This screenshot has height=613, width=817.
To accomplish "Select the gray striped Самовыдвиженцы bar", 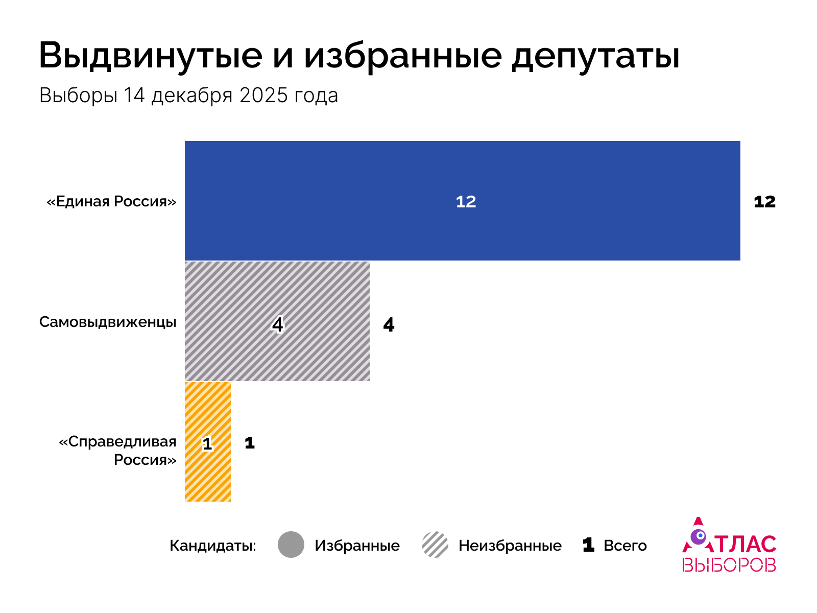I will (x=317, y=352).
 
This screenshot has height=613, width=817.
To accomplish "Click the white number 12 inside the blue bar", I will (x=466, y=202).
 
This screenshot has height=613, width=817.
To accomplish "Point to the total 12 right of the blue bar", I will (x=764, y=202).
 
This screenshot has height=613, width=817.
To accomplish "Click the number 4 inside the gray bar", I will (x=277, y=324).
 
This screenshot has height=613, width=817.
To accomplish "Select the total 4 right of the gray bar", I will (x=389, y=325).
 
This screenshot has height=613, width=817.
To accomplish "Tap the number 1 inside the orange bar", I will (x=207, y=443).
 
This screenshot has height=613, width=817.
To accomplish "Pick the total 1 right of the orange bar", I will (x=249, y=443).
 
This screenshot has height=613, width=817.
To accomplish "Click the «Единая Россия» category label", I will (x=111, y=201).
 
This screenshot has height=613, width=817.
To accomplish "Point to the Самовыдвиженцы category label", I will (x=108, y=322).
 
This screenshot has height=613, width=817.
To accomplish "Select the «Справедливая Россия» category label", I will (x=118, y=451).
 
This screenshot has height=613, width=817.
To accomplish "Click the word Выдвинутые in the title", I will (x=151, y=55).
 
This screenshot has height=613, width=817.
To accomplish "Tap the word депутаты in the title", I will (x=596, y=55).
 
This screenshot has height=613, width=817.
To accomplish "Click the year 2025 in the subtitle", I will (x=263, y=96).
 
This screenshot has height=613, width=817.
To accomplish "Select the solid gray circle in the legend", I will (x=291, y=545).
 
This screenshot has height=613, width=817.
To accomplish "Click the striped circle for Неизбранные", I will (x=435, y=545).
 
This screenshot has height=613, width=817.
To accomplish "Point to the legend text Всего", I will (x=625, y=546).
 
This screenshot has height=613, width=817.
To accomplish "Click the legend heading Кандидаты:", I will (x=213, y=546).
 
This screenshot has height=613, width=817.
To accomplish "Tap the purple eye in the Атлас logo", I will (x=698, y=536).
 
